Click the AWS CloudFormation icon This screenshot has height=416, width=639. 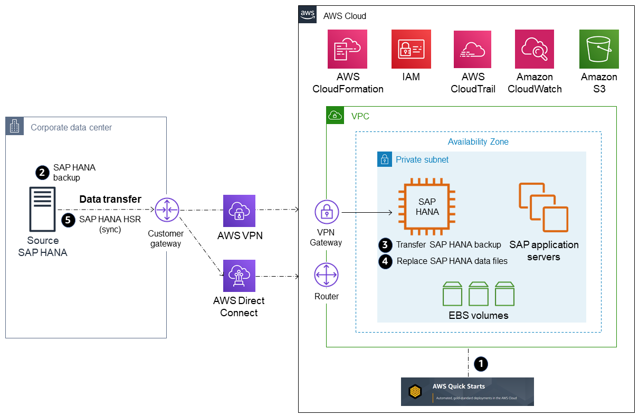click(347, 49)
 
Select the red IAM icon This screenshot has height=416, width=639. click(411, 49)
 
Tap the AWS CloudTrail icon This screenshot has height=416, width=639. click(472, 49)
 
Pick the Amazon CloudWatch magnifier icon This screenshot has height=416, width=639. click(534, 49)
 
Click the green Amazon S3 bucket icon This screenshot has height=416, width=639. click(599, 49)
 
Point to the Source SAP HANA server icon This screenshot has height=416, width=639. click(42, 210)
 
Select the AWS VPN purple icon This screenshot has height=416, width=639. click(239, 211)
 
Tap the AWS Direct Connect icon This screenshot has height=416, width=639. click(239, 276)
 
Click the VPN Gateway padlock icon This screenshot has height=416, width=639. click(327, 212)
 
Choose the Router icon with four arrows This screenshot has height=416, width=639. click(327, 276)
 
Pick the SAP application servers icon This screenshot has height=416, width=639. click(543, 207)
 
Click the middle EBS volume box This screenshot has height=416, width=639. click(479, 294)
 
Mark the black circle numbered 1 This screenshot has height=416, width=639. click(481, 363)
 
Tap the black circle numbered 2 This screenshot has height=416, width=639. click(42, 172)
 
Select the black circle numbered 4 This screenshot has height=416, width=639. click(386, 261)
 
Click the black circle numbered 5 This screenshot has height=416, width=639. click(68, 220)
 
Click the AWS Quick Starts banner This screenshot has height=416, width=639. click(467, 391)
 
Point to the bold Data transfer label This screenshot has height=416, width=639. click(110, 200)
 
